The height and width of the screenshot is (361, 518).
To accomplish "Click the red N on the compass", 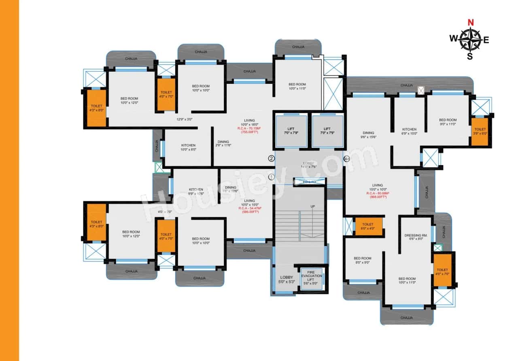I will (470, 23).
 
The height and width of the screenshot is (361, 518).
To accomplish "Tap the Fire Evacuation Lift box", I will (311, 278).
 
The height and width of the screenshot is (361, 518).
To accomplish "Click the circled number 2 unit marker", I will (272, 158).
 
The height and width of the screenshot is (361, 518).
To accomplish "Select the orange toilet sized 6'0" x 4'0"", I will (368, 226).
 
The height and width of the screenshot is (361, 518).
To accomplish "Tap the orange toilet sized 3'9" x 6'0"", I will (480, 132).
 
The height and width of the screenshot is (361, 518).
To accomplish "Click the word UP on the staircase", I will (313, 206).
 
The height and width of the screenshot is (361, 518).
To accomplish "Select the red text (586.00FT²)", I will (250, 212).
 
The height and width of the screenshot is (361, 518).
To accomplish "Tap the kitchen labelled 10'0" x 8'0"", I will (188, 147).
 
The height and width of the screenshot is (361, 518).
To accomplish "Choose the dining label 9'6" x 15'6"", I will (368, 135).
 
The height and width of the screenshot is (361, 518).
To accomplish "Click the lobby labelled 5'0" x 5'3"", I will (286, 280).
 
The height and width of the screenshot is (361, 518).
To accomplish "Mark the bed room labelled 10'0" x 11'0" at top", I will (297, 86).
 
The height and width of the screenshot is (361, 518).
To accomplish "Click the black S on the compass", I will (470, 57).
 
